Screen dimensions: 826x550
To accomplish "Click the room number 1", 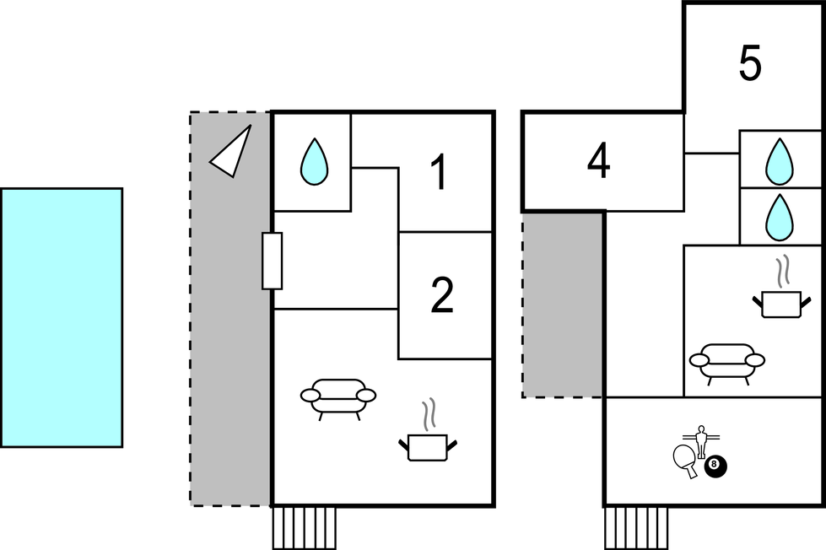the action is point(440,172).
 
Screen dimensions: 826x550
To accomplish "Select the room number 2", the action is point(442,295).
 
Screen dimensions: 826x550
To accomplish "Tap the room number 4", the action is point(599,160).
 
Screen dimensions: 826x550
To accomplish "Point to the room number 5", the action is point(750,62).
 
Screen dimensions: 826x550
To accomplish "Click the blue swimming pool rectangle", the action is point(62,318).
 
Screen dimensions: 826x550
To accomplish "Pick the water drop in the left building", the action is point(314,161).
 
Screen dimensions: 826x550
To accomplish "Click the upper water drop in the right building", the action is point(779,161).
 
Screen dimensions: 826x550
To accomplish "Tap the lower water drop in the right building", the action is point(779,218).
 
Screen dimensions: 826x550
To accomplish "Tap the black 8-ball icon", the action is point(716,466).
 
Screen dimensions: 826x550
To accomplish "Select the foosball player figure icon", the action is point(701,440).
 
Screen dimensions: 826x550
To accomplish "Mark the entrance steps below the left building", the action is point(305,528).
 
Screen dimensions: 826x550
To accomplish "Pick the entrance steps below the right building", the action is point(636,528).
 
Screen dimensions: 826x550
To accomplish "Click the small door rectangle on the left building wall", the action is point(272,261).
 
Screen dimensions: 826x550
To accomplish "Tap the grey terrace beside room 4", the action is point(563,305).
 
